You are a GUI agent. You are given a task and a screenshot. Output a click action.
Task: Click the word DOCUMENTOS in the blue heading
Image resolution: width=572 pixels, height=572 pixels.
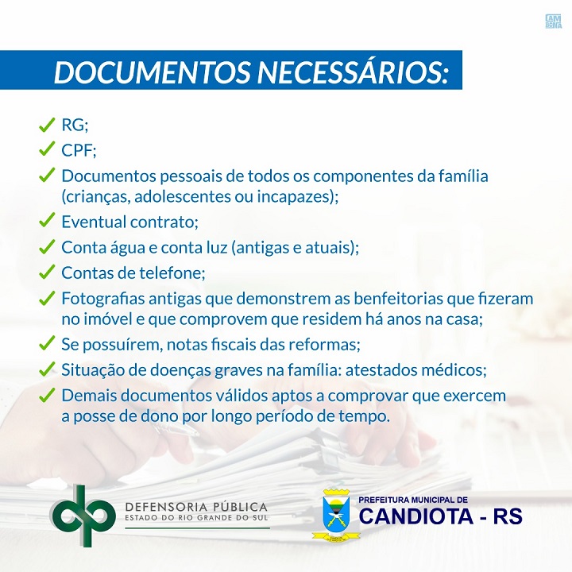[152, 71]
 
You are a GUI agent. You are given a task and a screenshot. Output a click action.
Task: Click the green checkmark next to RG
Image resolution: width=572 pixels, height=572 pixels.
[47, 125]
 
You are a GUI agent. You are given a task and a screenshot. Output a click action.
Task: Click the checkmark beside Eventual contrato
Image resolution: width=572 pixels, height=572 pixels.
[47, 220]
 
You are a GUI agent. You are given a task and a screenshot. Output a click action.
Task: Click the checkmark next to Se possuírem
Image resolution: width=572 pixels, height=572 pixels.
[47, 343]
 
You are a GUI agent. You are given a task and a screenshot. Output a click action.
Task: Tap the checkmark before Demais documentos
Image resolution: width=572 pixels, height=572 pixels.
[47, 396]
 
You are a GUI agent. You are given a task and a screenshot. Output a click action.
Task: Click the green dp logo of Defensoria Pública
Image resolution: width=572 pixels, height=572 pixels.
[83, 516]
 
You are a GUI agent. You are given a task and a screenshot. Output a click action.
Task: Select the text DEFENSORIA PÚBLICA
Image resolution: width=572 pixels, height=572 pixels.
[196, 507]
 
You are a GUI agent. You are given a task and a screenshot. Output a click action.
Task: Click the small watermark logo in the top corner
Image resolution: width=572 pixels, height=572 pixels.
[553, 21]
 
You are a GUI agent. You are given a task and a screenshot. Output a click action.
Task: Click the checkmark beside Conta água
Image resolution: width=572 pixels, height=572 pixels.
[47, 247]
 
